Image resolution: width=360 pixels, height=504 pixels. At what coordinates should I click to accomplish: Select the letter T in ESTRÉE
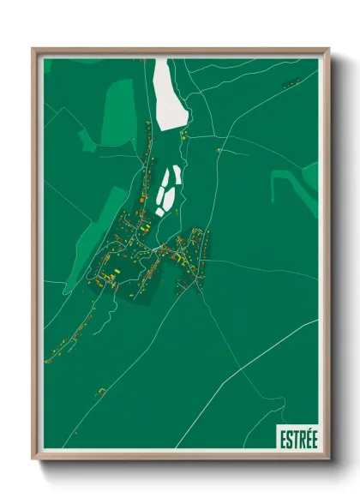[x=295, y=438]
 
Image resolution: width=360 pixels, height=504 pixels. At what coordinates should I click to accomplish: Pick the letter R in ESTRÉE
[x=301, y=438]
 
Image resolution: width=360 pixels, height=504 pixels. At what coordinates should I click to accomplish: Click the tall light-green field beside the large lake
[x=121, y=111]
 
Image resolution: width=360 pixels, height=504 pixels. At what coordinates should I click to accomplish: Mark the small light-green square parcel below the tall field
[x=87, y=140]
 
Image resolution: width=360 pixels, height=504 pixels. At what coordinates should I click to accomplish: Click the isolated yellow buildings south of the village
[x=100, y=392]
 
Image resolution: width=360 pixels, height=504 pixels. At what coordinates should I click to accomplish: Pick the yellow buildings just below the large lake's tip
[x=182, y=134]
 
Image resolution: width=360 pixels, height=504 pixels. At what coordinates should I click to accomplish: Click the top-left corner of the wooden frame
[x=33, y=49]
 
